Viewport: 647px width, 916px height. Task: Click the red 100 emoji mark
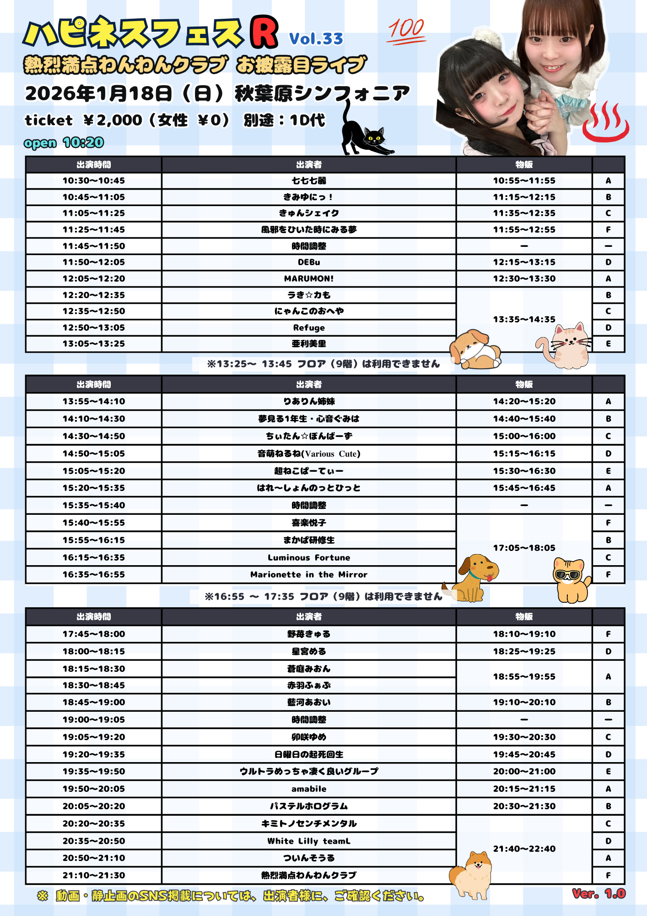pos(406,31)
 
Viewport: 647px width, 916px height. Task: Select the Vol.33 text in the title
pos(316,39)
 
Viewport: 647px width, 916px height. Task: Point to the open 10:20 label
pos(64,142)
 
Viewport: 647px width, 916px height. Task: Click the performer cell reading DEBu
pos(309,262)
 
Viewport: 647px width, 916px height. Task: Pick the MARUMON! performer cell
pos(309,278)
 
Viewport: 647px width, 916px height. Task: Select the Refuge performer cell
pos(309,327)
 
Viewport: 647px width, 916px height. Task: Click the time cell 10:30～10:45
pos(94,181)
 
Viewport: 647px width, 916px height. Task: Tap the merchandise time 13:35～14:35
pos(524,319)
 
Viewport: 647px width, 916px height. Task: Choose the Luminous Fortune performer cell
pos(309,557)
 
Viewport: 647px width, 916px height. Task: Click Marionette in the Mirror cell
pos(309,574)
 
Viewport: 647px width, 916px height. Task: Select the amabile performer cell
pos(309,789)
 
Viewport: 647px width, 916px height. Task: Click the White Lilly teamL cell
pos(309,841)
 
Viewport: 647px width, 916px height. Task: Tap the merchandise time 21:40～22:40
pos(524,849)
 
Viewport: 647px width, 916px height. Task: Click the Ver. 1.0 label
pos(598,894)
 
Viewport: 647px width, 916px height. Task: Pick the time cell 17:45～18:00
pos(94,634)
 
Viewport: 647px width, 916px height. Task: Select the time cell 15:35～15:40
pos(94,505)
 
